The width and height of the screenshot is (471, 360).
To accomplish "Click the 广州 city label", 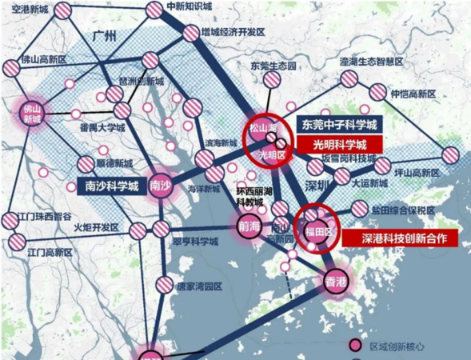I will (104, 36).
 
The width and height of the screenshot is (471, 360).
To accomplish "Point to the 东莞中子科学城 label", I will (340, 126).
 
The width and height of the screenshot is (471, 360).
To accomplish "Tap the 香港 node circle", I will (337, 281).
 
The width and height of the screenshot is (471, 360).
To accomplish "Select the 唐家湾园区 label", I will (200, 286).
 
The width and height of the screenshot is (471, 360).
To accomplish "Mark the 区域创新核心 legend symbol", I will (354, 346).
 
